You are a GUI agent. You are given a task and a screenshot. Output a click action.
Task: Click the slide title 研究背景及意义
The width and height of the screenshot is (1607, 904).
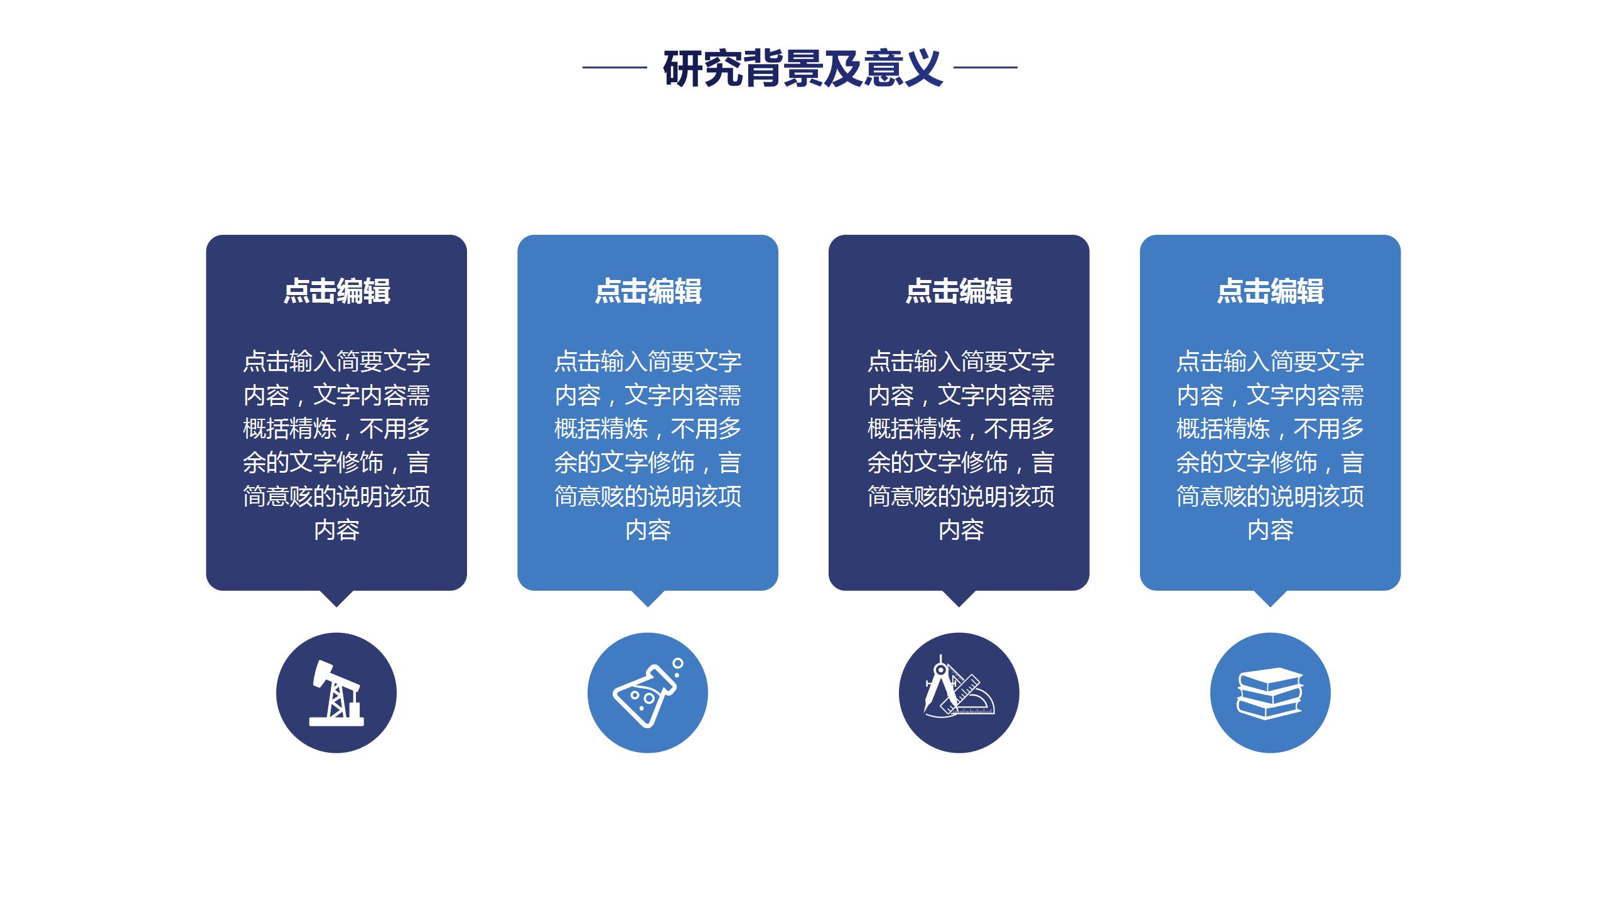(x=802, y=68)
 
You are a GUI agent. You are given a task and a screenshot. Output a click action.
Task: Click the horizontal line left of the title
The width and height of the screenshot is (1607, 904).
(x=615, y=67)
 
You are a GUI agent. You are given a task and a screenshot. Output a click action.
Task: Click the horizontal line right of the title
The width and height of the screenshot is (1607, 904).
(x=985, y=67)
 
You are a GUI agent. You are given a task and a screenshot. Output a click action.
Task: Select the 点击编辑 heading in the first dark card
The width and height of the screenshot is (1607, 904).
(x=336, y=291)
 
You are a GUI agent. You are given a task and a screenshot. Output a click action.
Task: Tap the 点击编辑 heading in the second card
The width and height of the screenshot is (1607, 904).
(x=648, y=291)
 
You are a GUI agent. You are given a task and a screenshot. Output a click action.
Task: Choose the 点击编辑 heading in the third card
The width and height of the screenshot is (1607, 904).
(x=959, y=291)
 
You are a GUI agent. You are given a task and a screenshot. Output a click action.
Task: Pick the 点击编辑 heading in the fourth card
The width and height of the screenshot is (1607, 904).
(x=1270, y=291)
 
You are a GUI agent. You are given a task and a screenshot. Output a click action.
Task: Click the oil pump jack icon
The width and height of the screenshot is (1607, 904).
(x=336, y=693)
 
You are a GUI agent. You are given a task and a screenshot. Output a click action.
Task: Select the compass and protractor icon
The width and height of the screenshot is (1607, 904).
(x=959, y=688)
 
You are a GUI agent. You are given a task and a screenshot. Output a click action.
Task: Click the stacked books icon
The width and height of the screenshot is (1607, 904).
(x=1270, y=693)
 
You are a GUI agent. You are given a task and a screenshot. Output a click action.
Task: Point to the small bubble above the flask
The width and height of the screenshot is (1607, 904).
(x=678, y=663)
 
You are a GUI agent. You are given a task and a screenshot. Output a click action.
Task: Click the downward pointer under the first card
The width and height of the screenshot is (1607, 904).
(x=336, y=598)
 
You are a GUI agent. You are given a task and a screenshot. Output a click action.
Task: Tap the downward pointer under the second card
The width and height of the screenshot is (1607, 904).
(x=648, y=598)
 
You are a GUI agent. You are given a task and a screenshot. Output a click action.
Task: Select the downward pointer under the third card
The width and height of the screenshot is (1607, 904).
(x=959, y=598)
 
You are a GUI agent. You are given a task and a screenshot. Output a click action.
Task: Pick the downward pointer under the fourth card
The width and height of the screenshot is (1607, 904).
(x=1270, y=598)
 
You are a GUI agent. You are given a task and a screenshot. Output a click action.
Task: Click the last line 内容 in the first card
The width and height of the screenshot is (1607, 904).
(x=336, y=530)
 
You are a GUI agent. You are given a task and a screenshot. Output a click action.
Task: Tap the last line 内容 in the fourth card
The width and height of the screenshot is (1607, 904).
(x=1270, y=530)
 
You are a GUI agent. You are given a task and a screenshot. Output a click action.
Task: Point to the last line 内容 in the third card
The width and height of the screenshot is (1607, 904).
(x=961, y=530)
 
